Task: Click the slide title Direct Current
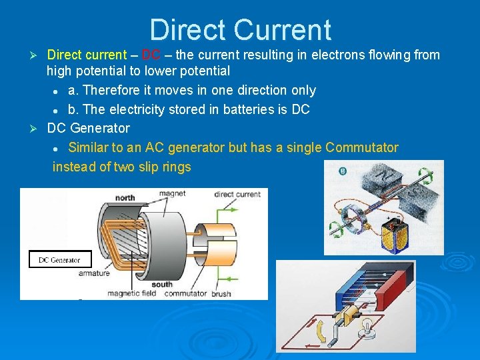coord(240,30)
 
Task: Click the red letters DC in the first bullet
coord(151,55)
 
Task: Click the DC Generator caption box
coord(60,260)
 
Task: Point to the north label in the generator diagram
coord(125,198)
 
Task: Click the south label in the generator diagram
coord(162,284)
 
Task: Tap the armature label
coord(94,273)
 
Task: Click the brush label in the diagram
coord(221,293)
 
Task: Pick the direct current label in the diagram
coord(237,195)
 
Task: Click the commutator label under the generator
coord(185,293)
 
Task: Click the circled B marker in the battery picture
coord(343,171)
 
